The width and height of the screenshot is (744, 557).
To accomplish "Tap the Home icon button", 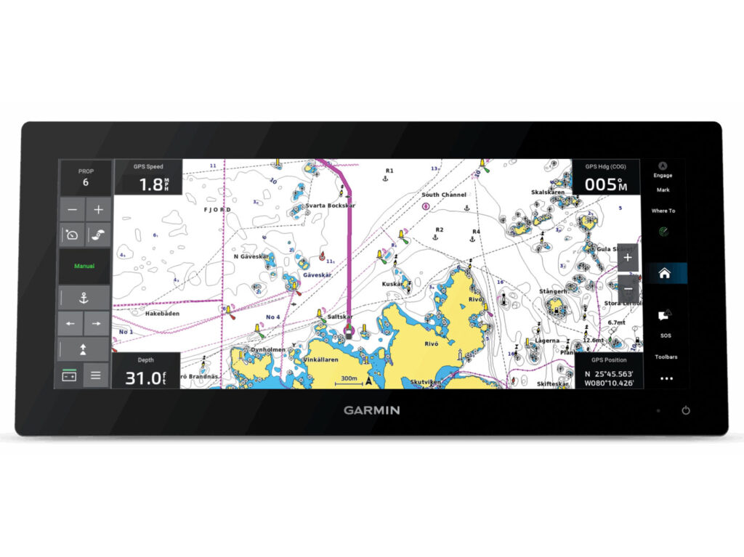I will coord(664,274).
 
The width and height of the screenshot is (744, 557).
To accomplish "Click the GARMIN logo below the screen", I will coord(371,410).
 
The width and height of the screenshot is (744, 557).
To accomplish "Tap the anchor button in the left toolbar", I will coord(84,296).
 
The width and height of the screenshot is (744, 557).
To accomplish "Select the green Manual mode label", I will coord(84,266).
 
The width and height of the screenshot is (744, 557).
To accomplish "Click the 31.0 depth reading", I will coord(140,378).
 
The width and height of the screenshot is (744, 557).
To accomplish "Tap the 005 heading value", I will coord(601,184).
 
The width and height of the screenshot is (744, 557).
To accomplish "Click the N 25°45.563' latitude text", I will coord(608,373).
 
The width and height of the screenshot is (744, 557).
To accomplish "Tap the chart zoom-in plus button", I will coord(628,257).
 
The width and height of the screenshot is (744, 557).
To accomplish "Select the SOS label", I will coord(666,336).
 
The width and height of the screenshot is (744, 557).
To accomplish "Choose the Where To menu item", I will coord(663,211).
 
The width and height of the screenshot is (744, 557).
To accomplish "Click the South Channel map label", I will coord(444,195).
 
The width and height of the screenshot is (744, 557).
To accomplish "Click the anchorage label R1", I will coord(389,171).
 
